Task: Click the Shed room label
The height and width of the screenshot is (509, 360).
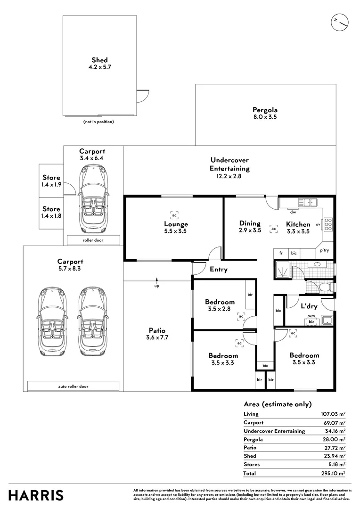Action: point(99,60)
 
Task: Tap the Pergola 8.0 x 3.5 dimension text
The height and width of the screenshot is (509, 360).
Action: point(264,116)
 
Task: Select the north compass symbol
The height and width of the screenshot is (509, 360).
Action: point(339,22)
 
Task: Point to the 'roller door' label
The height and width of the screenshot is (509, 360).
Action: point(93,240)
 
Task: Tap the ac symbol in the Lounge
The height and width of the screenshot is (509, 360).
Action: point(174,215)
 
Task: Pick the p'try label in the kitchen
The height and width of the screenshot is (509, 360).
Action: point(325,251)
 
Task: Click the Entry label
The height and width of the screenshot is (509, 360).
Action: point(218,270)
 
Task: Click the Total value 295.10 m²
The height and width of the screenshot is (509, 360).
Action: point(332,473)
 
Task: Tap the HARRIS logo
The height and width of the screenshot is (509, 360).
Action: point(36,495)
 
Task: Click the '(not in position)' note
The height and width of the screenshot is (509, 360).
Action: point(98,122)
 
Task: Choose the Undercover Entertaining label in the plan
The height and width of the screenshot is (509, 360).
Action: point(229,164)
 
